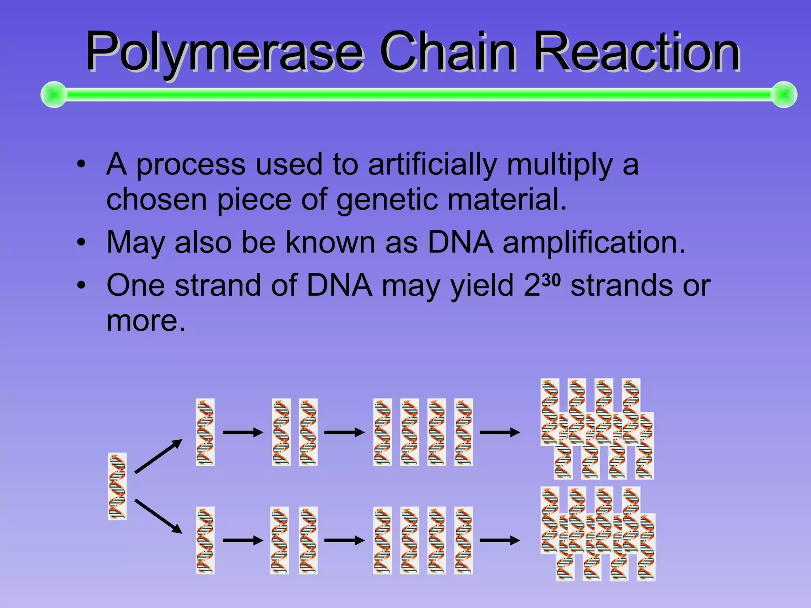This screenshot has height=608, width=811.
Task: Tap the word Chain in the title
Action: click(x=448, y=51)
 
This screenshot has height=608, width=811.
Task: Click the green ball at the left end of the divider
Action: click(x=54, y=95)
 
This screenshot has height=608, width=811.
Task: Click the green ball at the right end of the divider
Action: click(x=784, y=95)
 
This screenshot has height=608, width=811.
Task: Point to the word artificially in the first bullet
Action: click(x=432, y=164)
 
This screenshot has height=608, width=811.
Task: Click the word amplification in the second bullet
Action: click(x=594, y=242)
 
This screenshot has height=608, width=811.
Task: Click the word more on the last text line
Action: click(x=146, y=321)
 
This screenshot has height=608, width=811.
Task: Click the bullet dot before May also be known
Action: click(x=81, y=242)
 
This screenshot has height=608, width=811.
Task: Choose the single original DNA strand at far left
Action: click(x=117, y=486)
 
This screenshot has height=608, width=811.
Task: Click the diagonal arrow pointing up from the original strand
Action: click(x=158, y=456)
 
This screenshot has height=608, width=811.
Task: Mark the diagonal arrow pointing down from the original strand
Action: click(x=158, y=516)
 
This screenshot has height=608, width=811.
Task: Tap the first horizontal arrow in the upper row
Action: click(x=243, y=432)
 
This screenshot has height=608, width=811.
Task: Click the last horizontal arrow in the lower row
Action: click(x=500, y=540)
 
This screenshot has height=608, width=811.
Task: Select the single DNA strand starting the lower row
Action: click(x=205, y=540)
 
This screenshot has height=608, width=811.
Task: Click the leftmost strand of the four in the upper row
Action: click(x=383, y=432)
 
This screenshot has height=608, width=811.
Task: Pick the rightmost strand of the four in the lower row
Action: click(x=463, y=540)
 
